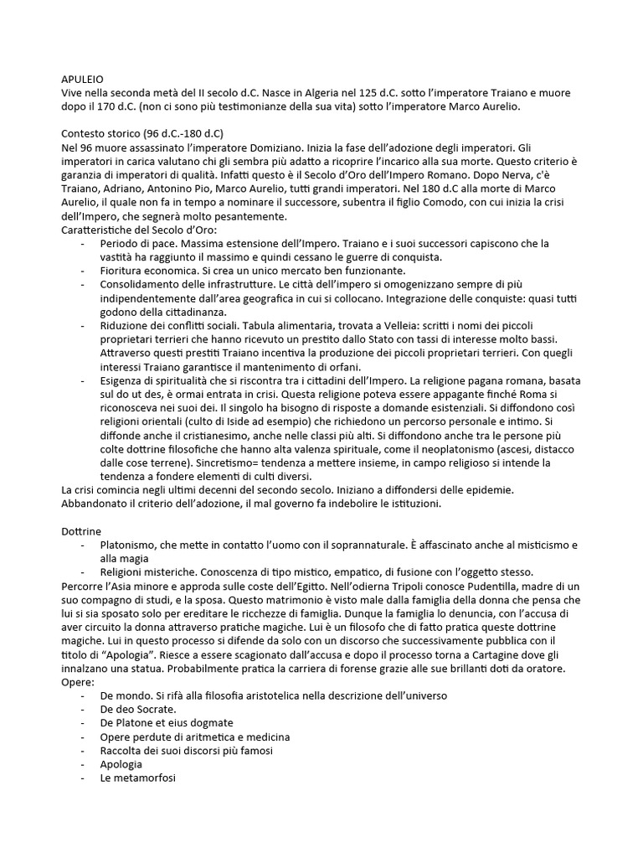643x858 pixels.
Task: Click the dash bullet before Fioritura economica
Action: [82, 271]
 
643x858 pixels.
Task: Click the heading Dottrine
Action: [81, 530]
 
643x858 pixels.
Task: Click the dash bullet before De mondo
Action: [82, 695]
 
